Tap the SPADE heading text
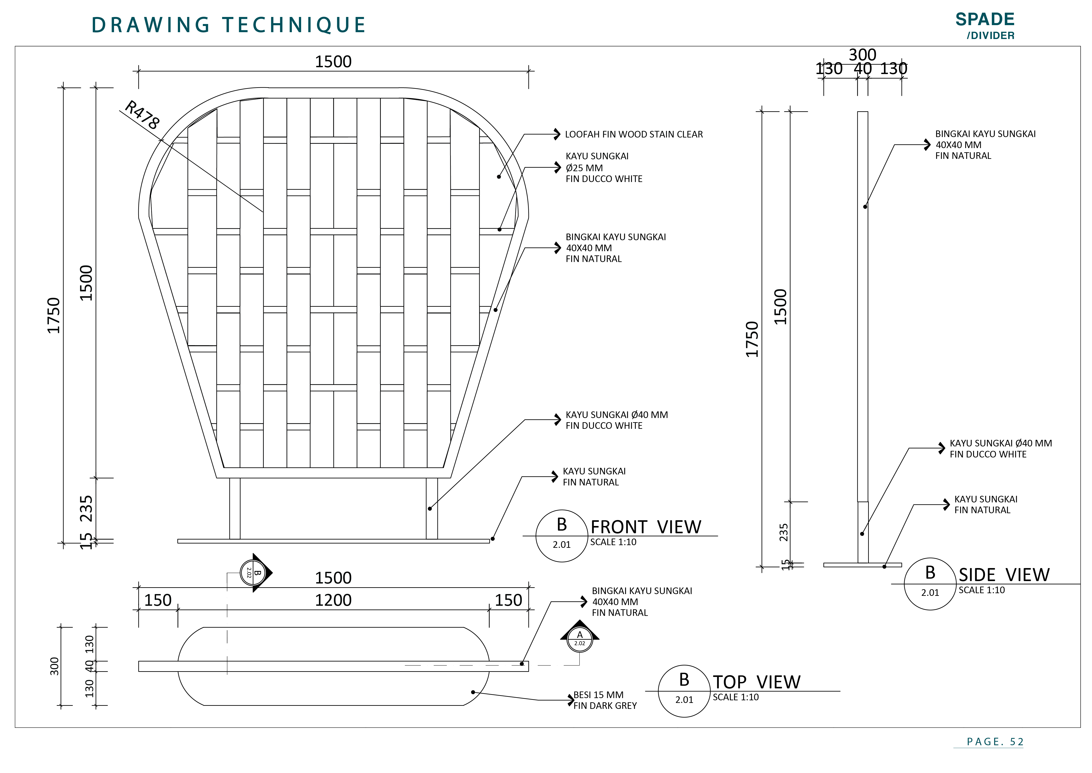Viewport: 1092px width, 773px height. pos(985,20)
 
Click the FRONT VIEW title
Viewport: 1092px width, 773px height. pos(646,527)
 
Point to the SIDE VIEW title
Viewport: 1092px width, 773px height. pos(1004,575)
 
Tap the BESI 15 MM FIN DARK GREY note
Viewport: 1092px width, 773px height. pos(604,700)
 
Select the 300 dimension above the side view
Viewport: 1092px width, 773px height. pos(862,55)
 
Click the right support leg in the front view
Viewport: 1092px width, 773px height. pos(432,508)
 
